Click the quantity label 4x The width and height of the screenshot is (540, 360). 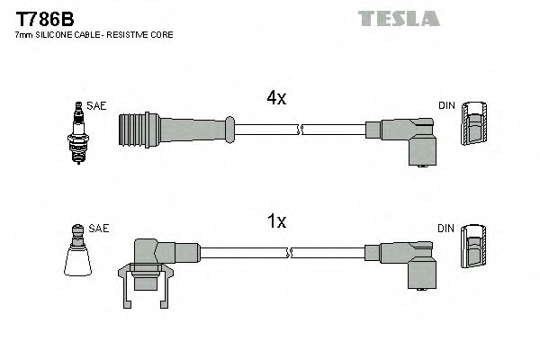click(276, 99)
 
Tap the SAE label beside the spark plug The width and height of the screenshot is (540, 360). click(97, 105)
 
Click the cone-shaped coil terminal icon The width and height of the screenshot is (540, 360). click(79, 255)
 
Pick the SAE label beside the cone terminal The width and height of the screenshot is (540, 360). click(100, 229)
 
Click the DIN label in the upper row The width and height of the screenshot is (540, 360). click(446, 105)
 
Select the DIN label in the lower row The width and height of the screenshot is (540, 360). click(446, 229)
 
